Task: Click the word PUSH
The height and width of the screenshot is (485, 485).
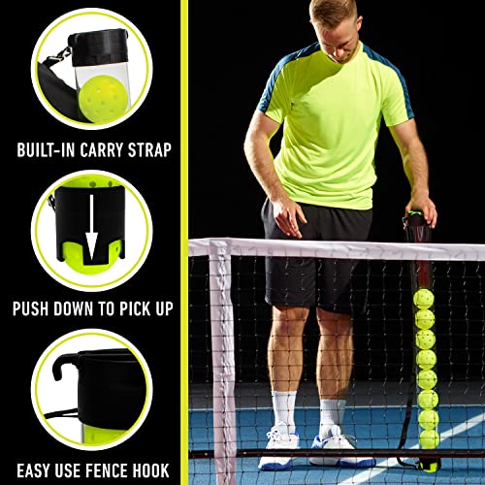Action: pyautogui.click(x=36, y=308)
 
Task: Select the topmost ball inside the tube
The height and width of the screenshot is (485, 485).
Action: pyautogui.click(x=424, y=297)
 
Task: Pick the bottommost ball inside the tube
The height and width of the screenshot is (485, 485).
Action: pyautogui.click(x=428, y=438)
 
